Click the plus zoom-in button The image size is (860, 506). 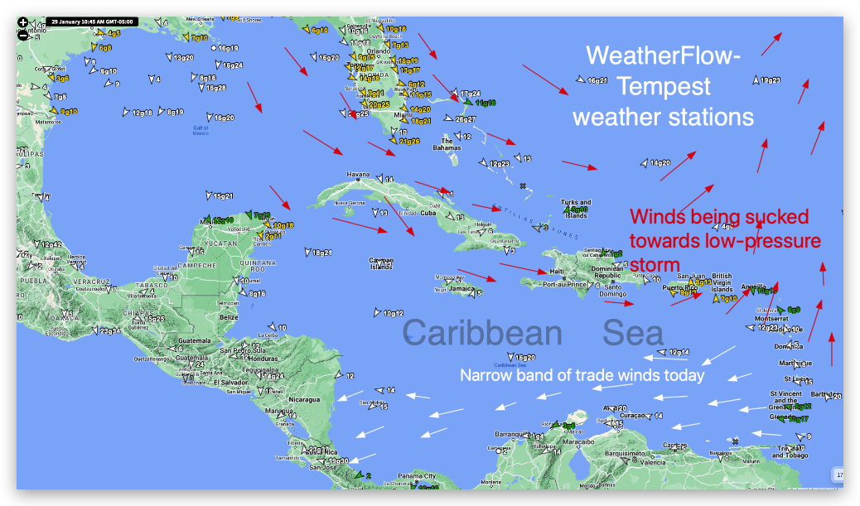coord(23,22)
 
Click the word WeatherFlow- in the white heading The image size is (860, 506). coord(664,56)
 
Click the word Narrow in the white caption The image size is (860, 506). coord(485,375)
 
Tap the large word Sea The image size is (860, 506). coord(633,333)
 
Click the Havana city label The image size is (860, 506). coord(358,175)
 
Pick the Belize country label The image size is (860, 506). coord(229,317)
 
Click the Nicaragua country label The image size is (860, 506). coord(303,400)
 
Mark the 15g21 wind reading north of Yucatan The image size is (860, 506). coord(223,196)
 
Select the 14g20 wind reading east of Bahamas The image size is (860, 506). coord(659,163)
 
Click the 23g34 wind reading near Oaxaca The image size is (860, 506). coord(109,330)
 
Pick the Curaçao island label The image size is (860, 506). coord(631,416)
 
